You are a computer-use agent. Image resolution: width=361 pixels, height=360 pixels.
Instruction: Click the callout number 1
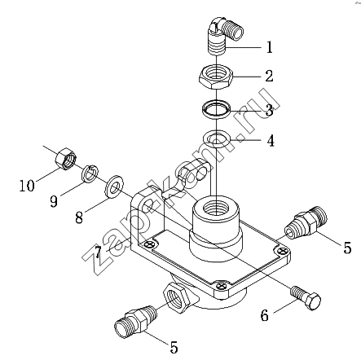(x=269, y=47)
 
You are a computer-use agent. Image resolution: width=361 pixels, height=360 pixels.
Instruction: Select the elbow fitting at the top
(x=222, y=35)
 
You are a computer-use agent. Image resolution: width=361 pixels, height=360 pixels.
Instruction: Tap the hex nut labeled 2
(x=216, y=77)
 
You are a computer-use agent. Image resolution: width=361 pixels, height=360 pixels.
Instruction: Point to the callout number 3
(x=269, y=110)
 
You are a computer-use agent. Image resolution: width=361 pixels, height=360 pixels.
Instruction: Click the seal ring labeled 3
(x=216, y=109)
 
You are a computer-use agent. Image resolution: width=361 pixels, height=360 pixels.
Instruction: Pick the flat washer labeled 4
(x=217, y=139)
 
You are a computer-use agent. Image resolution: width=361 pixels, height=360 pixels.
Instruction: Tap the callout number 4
(x=271, y=141)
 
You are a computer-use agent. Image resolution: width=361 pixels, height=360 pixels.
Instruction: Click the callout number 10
(x=27, y=186)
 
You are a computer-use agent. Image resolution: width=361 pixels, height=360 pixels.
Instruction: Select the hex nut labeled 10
(x=67, y=159)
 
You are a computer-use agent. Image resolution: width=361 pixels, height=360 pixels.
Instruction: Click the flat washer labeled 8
(x=114, y=187)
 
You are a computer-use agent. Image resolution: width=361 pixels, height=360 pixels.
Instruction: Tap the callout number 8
(x=79, y=217)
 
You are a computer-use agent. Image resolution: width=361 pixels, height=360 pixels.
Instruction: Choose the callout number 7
(x=98, y=252)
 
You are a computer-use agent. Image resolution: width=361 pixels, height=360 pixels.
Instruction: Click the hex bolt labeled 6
(x=306, y=298)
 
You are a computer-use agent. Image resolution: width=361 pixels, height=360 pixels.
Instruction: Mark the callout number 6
(x=264, y=315)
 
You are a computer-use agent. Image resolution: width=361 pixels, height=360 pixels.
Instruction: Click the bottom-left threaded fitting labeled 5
(x=135, y=322)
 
